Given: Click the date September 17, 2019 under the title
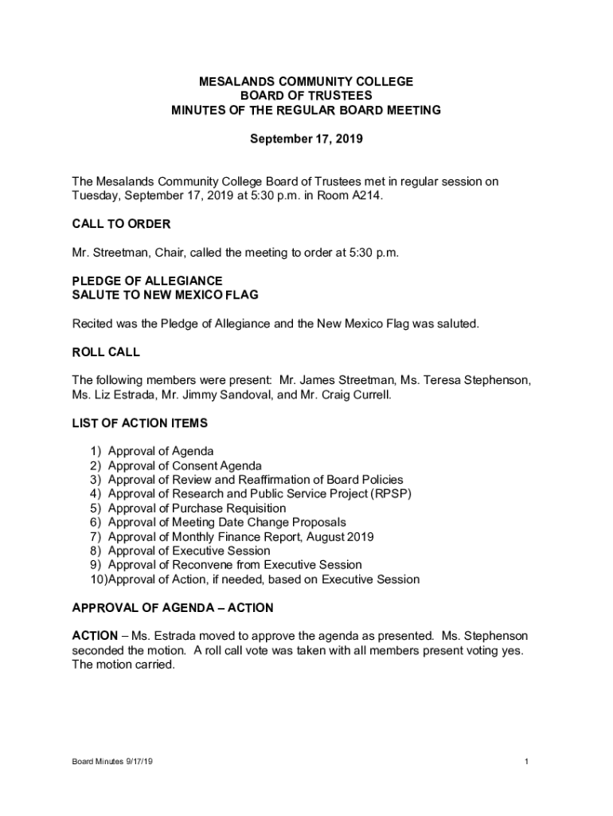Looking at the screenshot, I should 306,139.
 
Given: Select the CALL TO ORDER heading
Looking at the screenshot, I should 121,224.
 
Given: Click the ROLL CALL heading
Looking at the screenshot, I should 106,351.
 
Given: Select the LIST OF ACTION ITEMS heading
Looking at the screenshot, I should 139,423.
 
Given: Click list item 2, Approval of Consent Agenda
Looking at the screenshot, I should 185,465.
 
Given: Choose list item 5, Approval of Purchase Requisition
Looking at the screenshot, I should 197,508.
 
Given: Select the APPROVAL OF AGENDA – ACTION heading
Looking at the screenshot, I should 173,608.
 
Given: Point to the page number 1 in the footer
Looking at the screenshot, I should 527,762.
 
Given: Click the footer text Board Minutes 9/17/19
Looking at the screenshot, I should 112,762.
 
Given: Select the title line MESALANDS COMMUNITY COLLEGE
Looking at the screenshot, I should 306,82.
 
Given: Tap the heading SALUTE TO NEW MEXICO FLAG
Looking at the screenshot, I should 165,296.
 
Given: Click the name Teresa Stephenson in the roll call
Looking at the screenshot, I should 487,380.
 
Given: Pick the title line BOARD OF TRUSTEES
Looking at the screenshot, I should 306,96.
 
